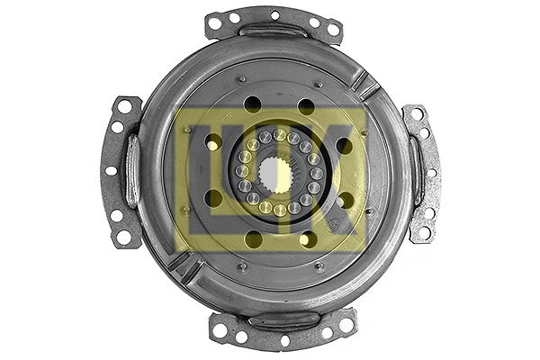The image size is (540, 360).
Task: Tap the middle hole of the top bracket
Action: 274,15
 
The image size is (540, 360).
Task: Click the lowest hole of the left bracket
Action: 123,237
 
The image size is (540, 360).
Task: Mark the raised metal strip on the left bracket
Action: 132,171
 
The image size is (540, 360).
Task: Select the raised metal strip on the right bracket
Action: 416,171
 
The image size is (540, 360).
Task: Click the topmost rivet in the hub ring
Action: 278,136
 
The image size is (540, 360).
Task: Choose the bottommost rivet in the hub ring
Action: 280,211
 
